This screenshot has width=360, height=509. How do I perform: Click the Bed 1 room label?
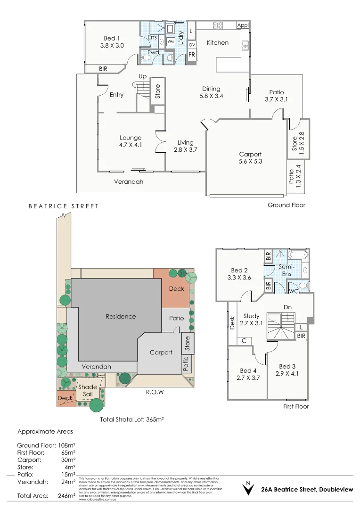[x=112, y=42]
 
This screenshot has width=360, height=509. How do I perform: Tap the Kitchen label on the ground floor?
[x=218, y=43]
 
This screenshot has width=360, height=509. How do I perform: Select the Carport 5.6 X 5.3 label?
[x=250, y=158]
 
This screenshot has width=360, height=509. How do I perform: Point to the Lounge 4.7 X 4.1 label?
[x=131, y=141]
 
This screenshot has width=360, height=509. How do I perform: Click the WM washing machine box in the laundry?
[x=170, y=42]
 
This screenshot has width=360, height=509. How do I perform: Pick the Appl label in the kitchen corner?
[x=243, y=25]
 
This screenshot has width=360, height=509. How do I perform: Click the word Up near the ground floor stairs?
[x=142, y=76]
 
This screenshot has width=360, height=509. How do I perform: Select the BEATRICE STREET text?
[x=64, y=206]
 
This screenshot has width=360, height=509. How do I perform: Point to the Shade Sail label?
[x=88, y=390]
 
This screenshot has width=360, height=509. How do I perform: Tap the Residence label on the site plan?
[x=121, y=316]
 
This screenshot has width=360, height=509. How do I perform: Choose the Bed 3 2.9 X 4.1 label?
[x=288, y=370]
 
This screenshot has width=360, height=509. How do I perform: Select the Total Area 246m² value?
[x=66, y=496]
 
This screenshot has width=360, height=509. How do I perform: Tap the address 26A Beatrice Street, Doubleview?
[x=307, y=490]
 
